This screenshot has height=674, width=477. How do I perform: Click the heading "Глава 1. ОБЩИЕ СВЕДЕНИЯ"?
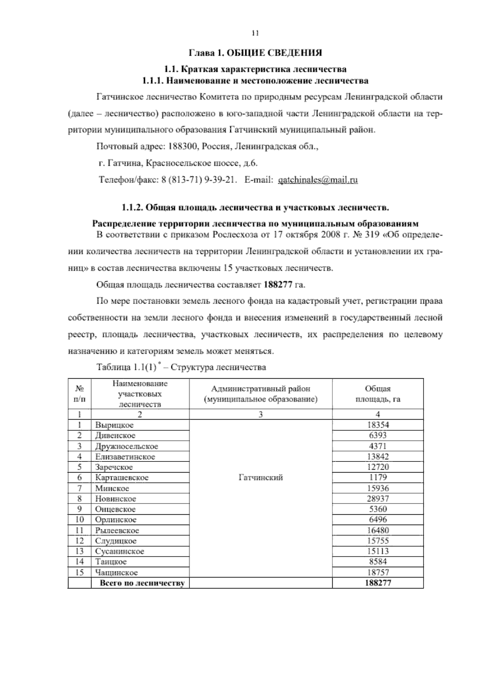pos(255,53)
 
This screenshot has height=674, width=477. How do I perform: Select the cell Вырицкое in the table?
pos(114,425)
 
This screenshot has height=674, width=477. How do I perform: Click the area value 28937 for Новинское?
pos(378,499)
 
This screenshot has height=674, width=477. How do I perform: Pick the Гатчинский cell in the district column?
pos(260,478)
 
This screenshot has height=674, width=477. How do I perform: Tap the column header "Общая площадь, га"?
pos(378,394)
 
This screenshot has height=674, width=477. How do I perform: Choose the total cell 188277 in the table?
pos(378,583)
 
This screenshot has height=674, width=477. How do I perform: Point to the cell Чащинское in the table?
pos(116,573)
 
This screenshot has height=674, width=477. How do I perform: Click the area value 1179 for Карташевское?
pos(378,478)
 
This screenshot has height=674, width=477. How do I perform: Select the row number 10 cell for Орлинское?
pos(79,520)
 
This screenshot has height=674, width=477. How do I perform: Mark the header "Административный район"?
pos(260,389)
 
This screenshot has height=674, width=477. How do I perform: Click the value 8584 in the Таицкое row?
pos(378,562)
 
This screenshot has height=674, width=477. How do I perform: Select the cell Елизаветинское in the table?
pos(125,457)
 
